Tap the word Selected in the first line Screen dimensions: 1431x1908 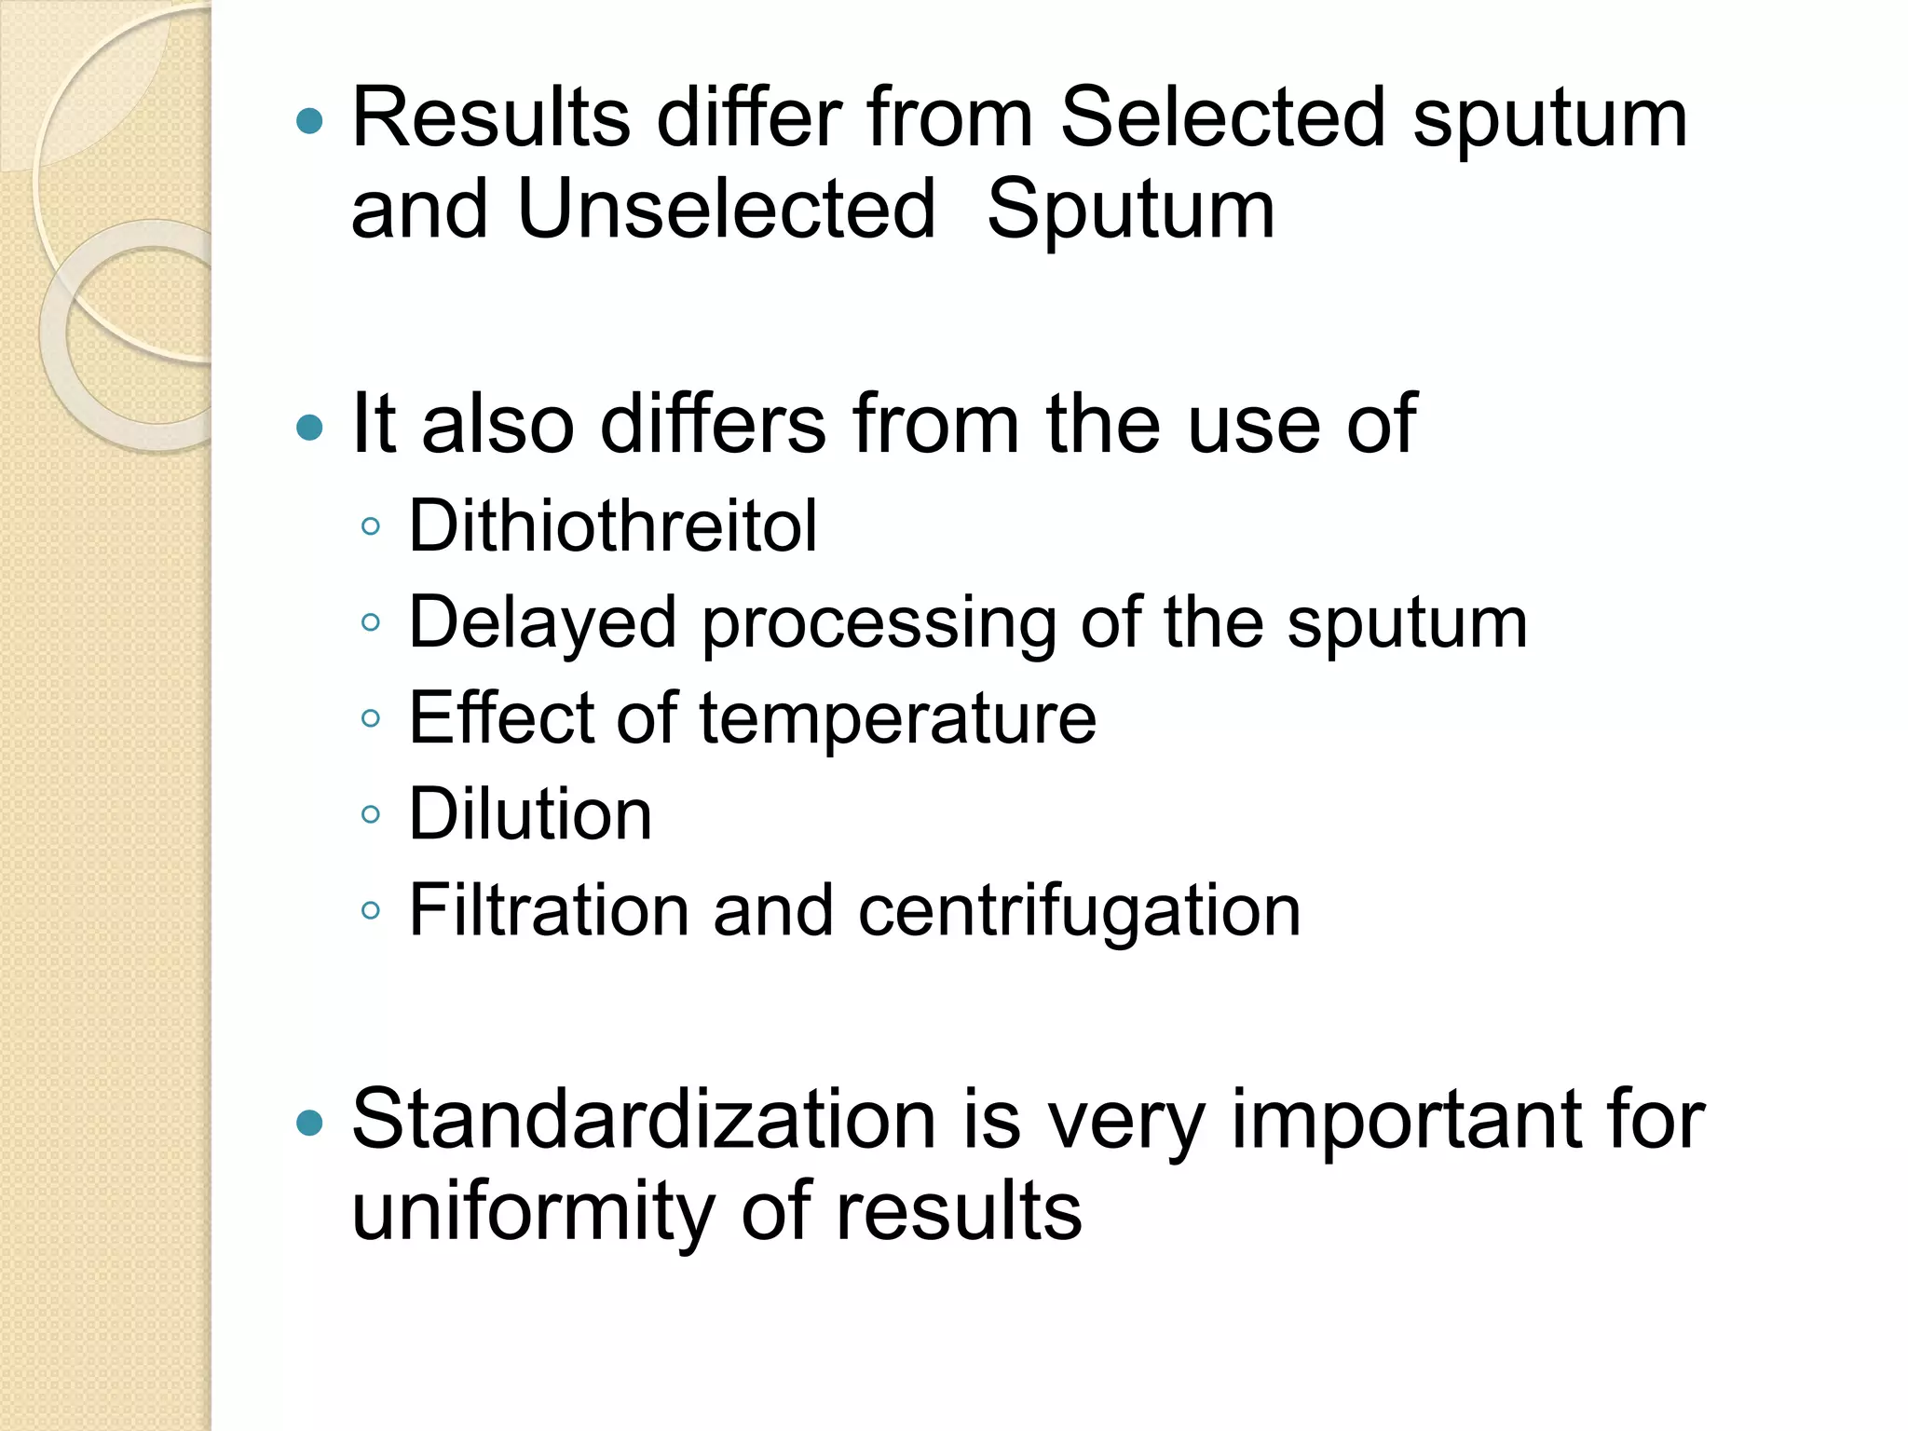1223,118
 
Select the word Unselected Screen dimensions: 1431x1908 726,210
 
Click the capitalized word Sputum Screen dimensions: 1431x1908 1130,211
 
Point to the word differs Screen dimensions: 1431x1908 713,425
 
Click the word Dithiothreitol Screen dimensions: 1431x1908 613,526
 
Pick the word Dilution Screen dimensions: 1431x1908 530,814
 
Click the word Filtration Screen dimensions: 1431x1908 549,910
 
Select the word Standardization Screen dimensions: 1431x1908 644,1120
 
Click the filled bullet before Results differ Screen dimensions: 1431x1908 309,121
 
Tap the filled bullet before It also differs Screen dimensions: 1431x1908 309,429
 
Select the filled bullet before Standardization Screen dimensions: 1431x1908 309,1124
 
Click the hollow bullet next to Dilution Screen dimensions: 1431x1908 371,815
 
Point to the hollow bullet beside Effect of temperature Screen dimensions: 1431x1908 371,718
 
